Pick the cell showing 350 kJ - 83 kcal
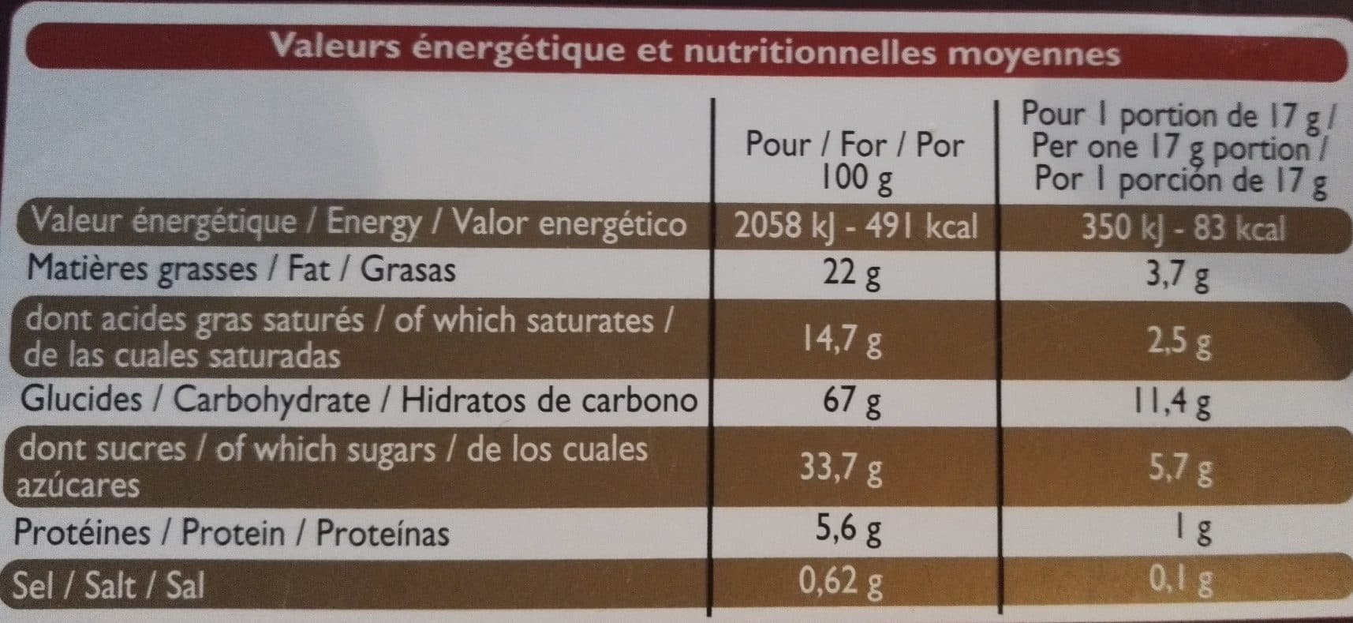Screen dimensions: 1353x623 coord(1183,228)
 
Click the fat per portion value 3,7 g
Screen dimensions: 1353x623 coord(1180,276)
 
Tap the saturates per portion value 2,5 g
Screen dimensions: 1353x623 coord(1180,343)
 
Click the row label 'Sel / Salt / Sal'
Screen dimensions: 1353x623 coord(110,585)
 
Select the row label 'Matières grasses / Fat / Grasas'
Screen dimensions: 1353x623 coord(241,270)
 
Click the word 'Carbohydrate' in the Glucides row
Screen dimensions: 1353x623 coord(271,400)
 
